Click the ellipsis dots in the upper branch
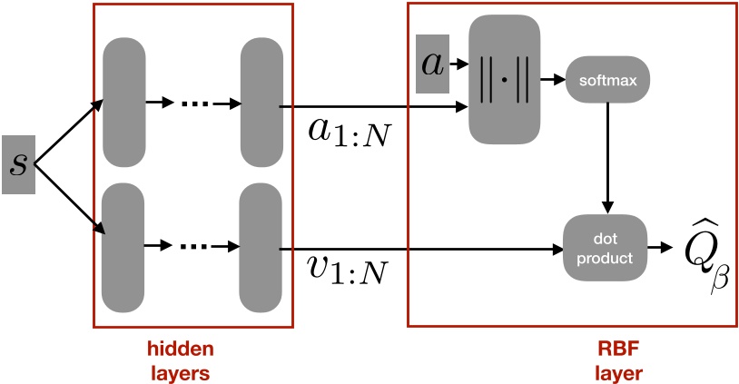[x=193, y=103]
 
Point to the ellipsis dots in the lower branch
[x=193, y=246]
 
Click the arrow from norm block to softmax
[x=553, y=80]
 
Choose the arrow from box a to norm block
[x=460, y=64]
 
